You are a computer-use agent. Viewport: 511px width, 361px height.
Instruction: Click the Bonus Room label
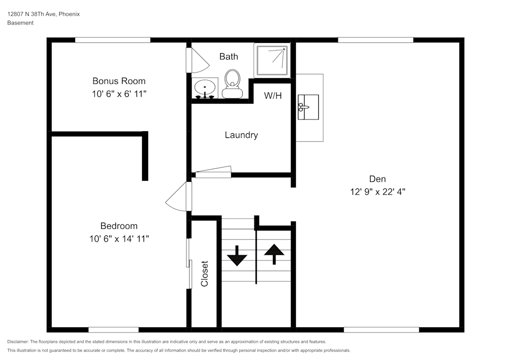(119, 81)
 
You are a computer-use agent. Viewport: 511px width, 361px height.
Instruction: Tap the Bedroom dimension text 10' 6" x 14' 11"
(119, 238)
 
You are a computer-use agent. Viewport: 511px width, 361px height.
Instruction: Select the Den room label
(377, 179)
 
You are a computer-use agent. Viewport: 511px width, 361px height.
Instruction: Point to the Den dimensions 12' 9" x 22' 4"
(377, 192)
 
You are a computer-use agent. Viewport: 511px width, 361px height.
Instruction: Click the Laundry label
(241, 135)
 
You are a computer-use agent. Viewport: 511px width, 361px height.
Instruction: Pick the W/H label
(272, 95)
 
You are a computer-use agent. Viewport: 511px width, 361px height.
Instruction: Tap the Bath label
(228, 56)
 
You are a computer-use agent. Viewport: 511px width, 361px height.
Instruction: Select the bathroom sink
(205, 88)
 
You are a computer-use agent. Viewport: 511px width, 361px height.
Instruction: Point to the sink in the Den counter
(308, 107)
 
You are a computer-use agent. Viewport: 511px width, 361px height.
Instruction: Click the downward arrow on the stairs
(237, 256)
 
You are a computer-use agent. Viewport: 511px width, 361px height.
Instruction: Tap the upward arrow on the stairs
(274, 253)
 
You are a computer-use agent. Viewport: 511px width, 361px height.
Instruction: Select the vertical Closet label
(204, 274)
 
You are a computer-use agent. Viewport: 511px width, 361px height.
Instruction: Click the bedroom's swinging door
(178, 196)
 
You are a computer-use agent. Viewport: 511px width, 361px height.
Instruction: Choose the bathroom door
(197, 60)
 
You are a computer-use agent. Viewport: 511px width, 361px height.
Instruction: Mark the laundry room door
(213, 172)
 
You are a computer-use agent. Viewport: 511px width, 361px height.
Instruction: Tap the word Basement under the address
(20, 23)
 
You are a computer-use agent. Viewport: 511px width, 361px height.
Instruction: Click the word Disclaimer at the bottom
(18, 342)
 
